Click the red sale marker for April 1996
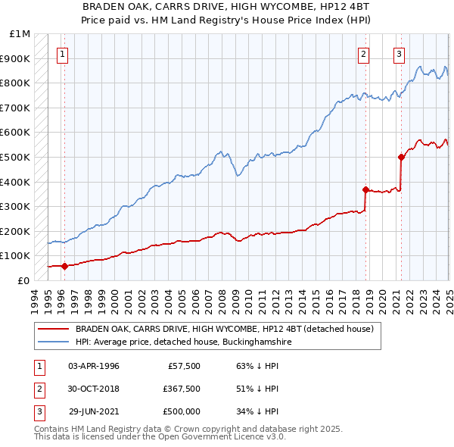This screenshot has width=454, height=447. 64,266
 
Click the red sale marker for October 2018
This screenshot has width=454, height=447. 365,189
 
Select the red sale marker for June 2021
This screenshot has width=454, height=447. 401,157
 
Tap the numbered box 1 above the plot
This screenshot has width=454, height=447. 61,54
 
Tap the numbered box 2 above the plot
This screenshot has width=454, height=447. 364,54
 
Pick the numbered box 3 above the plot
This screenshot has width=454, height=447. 399,54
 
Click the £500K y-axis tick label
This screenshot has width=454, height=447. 17,158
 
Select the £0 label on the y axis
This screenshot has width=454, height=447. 23,280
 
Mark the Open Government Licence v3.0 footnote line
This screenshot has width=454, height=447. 160,437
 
